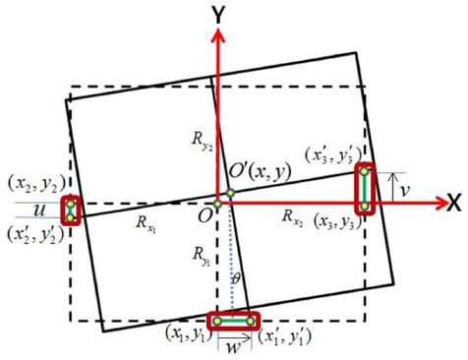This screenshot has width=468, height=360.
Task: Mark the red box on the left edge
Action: pos(70,210)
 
